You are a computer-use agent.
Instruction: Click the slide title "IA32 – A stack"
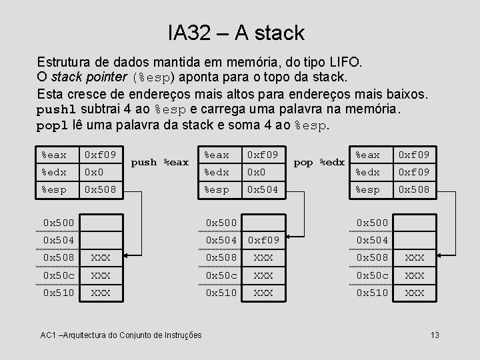point(236,32)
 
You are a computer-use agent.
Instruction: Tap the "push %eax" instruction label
point(160,162)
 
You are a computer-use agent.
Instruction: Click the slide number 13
point(435,334)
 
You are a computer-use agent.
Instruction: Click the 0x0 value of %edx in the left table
point(93,172)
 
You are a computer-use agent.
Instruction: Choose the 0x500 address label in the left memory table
point(59,221)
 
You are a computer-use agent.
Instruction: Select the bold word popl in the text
point(51,125)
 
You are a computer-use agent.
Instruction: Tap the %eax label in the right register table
point(369,154)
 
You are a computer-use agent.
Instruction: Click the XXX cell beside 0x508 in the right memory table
point(415,257)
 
